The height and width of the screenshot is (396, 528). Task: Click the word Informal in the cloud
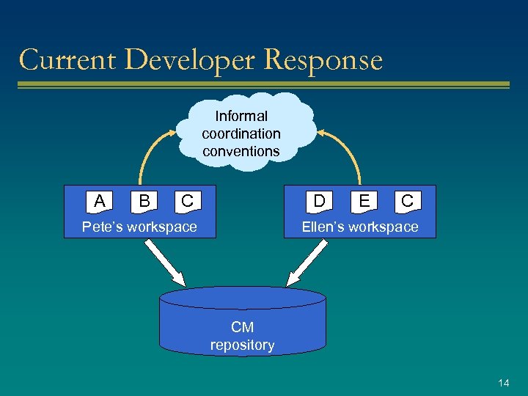241,116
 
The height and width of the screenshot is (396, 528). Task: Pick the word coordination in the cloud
241,133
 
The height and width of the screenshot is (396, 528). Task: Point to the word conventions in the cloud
241,151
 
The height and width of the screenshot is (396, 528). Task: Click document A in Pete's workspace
100,200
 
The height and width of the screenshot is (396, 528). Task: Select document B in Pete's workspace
144,200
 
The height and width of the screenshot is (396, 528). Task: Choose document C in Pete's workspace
188,200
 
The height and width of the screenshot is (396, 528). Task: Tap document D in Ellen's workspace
320,200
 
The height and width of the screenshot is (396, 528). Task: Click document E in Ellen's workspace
364,200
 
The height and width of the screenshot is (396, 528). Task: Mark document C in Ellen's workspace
407,200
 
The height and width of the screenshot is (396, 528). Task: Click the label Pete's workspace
139,227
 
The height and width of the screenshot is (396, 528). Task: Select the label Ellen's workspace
360,227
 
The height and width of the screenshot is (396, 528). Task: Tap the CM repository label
242,337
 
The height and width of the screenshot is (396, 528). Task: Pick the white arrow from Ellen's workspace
307,263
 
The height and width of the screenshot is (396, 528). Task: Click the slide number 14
503,383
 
